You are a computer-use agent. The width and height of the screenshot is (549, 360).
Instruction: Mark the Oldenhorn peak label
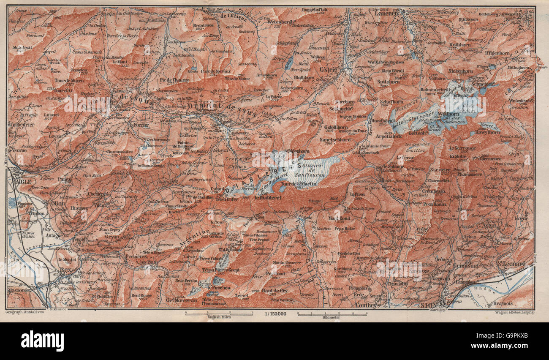(x=298, y=150)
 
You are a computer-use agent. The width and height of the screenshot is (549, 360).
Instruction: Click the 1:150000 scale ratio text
(x=274, y=314)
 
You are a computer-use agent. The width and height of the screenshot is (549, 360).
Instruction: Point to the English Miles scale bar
(x=218, y=314)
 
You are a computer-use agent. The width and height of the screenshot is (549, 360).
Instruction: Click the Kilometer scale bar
(x=332, y=314)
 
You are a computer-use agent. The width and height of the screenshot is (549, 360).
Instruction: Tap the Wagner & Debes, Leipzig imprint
(x=513, y=312)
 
